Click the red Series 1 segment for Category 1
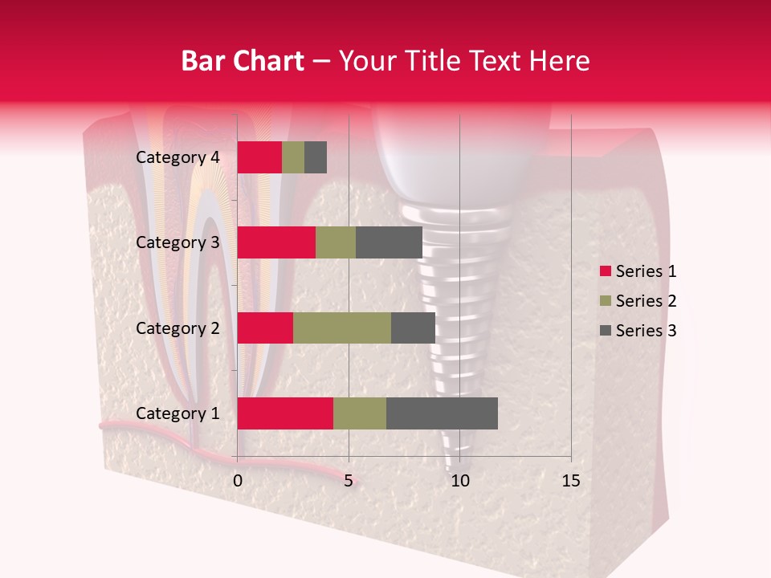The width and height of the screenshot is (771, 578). coord(285,413)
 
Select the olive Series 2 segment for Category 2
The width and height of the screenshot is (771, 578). coord(342,328)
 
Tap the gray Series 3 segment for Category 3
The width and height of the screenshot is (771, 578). coord(389,242)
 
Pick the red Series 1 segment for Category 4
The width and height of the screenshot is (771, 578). coord(259,157)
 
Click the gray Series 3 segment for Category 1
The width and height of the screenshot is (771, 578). coord(442,413)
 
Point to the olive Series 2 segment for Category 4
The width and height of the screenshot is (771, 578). coord(293,157)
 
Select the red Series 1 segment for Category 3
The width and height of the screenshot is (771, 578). coord(276,242)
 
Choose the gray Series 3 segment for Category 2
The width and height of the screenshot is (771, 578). coord(413,328)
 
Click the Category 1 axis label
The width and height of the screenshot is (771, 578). coord(177,413)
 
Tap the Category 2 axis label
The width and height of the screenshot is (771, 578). coord(177,328)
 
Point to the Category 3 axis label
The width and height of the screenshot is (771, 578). coord(177,242)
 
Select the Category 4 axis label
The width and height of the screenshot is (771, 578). coord(177,157)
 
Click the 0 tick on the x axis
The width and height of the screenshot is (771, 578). coord(238,481)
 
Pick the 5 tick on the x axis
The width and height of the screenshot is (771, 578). coord(349,481)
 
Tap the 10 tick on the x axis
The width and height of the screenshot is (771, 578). coord(459,481)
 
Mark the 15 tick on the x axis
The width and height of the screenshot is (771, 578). coord(571,481)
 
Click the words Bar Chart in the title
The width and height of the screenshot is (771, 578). coord(243,61)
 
